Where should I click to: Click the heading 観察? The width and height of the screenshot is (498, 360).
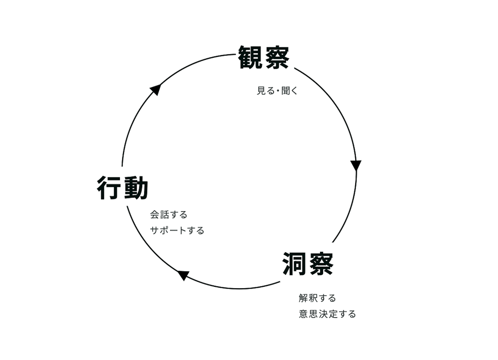point(264,57)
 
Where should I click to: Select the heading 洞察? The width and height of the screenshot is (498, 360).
point(308,264)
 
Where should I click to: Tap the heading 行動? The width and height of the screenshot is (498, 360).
point(122,189)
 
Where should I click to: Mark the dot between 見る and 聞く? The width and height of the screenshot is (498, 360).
point(276,91)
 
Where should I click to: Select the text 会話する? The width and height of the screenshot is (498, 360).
point(168,215)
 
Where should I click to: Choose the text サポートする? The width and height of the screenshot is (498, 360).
point(177,230)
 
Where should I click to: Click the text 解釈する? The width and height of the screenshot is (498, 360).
point(317,298)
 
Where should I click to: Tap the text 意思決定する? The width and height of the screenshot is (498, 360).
point(327,313)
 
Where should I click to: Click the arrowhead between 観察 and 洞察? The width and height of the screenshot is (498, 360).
point(356,165)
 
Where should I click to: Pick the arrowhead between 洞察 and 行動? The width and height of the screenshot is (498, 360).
point(183,275)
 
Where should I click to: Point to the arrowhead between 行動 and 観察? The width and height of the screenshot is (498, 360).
point(156,89)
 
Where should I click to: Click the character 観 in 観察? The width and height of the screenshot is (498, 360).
point(251,57)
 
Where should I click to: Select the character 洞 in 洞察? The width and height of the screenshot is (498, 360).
point(295,264)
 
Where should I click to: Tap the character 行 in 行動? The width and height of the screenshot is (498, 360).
point(110,189)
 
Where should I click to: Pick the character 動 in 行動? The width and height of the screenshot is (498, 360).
point(136,189)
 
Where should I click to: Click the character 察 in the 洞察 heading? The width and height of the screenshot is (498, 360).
point(320,264)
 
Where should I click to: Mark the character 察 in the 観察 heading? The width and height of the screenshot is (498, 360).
point(276,57)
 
